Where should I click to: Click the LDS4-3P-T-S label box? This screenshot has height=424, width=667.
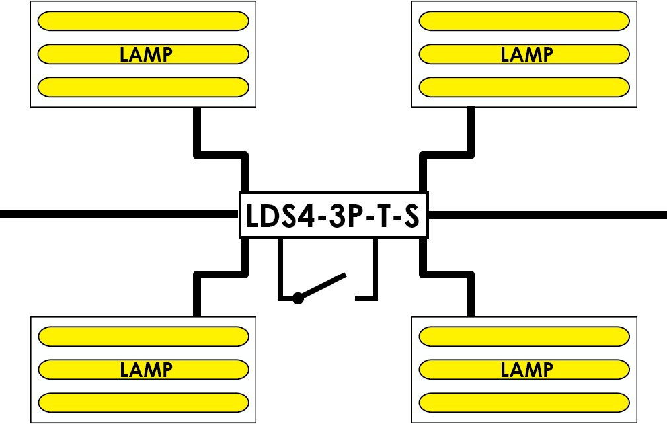coord(333,215)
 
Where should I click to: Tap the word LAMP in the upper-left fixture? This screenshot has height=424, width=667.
coord(146,54)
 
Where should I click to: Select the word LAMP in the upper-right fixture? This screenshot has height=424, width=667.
coord(527,54)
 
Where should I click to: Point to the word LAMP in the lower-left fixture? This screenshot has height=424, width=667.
coord(146,370)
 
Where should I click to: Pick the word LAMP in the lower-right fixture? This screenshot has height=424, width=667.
coord(527,370)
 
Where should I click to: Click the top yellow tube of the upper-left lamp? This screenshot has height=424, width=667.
coord(143,21)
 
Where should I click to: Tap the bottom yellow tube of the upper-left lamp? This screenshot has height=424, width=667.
coord(143,87)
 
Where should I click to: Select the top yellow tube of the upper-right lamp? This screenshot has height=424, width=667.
coord(524,21)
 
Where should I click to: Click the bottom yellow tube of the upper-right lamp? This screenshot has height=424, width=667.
coord(524,87)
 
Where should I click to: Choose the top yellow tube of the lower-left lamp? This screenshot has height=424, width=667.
coord(143,337)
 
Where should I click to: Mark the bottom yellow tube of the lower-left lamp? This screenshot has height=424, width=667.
coord(143,403)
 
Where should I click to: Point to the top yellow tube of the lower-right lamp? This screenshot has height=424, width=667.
coord(524,337)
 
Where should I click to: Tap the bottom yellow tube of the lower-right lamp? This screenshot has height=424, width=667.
coord(524,403)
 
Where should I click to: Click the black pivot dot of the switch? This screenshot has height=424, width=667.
coord(298,298)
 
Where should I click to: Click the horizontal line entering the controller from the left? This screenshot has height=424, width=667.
coord(119,214)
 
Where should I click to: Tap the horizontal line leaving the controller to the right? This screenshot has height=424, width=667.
coord(547,214)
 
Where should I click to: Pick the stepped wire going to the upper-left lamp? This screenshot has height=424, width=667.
coord(220,155)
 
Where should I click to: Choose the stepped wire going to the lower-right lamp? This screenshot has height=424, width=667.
coord(447,274)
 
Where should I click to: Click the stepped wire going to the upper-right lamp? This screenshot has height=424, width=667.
coord(447,155)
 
